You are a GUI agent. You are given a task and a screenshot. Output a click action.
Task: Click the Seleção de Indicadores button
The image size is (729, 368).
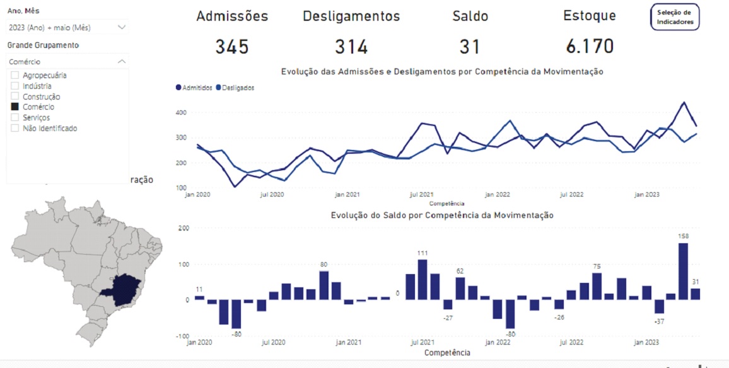point(675,17)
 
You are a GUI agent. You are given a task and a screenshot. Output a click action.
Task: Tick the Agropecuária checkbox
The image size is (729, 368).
point(15,76)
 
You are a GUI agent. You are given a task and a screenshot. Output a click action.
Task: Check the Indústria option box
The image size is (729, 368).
point(15,86)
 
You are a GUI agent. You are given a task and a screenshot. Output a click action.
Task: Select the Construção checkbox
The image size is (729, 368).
point(15,97)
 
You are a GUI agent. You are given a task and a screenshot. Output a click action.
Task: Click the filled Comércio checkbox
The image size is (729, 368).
point(15,107)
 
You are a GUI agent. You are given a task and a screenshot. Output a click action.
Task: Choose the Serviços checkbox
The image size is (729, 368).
point(15,118)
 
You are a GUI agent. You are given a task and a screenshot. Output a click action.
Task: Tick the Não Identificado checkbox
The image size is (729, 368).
point(15,129)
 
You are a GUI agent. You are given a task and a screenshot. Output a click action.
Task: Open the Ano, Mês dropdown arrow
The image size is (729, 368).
point(122,27)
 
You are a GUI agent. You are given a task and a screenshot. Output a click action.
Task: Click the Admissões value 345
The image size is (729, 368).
point(231,47)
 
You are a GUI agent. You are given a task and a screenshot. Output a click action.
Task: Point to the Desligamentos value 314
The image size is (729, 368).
point(351,47)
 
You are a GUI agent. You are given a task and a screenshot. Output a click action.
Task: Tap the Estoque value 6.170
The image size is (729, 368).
point(589,46)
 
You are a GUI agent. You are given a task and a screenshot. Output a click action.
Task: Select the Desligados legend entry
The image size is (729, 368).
point(235,88)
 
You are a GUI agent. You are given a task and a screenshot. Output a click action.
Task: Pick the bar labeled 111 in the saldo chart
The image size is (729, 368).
point(423,279)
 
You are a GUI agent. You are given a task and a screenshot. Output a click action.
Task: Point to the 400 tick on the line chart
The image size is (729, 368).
point(182,113)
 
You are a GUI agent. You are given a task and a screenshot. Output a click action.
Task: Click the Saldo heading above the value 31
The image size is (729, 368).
point(470,16)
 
